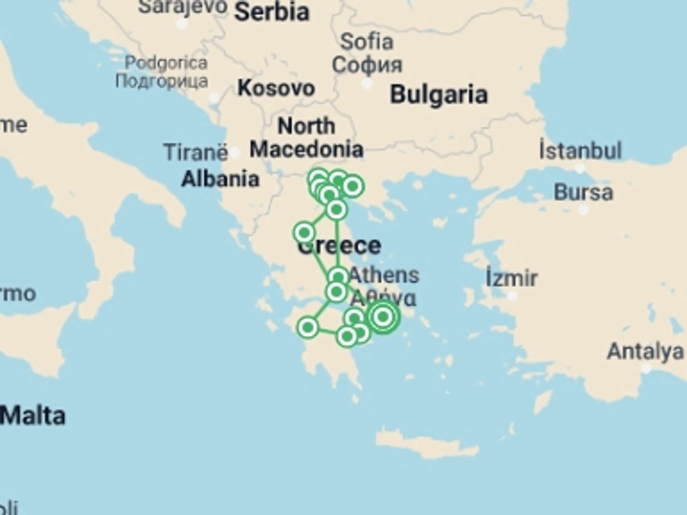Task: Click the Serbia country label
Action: tap(272, 12)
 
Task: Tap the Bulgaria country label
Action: tap(439, 94)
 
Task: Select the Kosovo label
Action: tap(276, 88)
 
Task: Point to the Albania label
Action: tap(220, 179)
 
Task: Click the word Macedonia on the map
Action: tap(307, 149)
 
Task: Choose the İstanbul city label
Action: tap(580, 151)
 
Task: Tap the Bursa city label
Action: tap(583, 192)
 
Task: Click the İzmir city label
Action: tap(512, 278)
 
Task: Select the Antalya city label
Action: tap(645, 351)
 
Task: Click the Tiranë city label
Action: tap(195, 152)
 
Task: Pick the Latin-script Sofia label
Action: tap(367, 41)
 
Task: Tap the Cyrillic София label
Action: tap(367, 65)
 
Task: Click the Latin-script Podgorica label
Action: tap(166, 63)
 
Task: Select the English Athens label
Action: tap(384, 275)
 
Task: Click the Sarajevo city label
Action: tap(182, 6)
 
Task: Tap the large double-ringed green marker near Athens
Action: tap(383, 317)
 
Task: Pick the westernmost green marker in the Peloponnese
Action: tap(308, 327)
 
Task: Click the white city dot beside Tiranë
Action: tap(235, 153)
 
